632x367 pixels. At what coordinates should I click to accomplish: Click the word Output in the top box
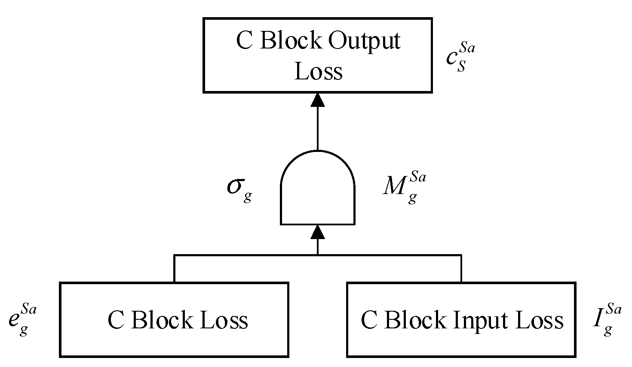pyautogui.click(x=364, y=42)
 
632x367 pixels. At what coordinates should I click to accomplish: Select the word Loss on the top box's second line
pyautogui.click(x=318, y=71)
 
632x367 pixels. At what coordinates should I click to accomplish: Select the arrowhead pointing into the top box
pyautogui.click(x=318, y=100)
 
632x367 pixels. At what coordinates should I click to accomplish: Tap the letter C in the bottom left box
pyautogui.click(x=116, y=320)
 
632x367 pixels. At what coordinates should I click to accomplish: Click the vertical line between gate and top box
pyautogui.click(x=318, y=129)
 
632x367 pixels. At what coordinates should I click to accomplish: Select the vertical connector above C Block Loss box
pyautogui.click(x=174, y=269)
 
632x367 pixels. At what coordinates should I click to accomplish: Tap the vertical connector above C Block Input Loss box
pyautogui.click(x=461, y=269)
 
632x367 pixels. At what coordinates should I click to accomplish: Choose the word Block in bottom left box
pyautogui.click(x=158, y=320)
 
